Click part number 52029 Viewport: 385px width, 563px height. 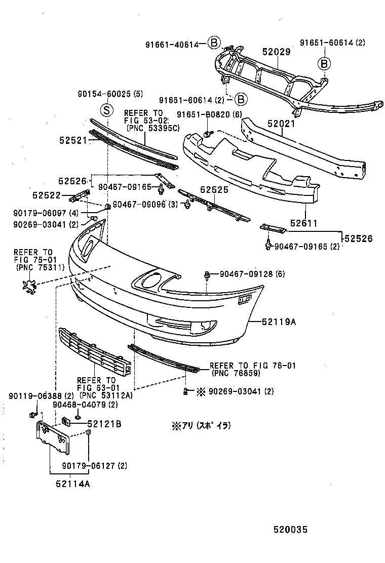[276, 52]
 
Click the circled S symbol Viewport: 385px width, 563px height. [106, 109]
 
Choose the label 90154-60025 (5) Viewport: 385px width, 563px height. [111, 94]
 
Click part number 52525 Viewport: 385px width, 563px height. [214, 189]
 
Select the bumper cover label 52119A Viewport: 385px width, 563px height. [279, 320]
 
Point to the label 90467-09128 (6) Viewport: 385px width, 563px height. [252, 274]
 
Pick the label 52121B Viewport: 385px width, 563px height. [104, 424]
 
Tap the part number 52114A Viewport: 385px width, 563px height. [72, 484]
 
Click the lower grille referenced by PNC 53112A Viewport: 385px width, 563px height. [94, 352]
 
